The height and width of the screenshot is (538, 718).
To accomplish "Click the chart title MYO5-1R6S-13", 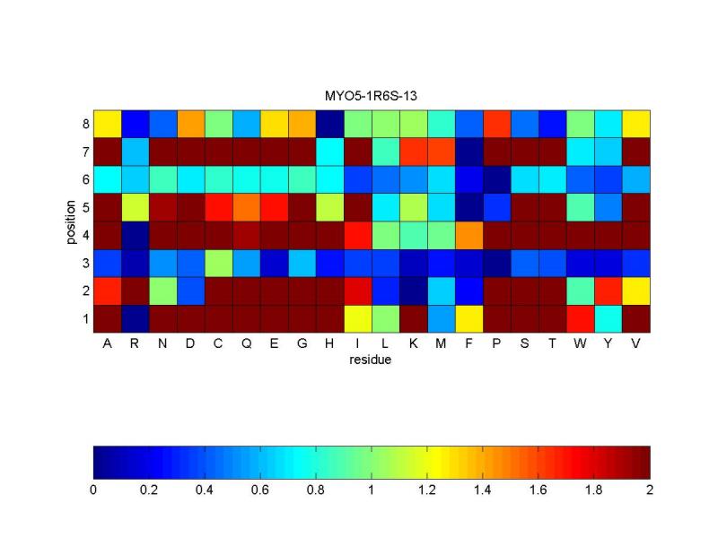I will tap(372, 94).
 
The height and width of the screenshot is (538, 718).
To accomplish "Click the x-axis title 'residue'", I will tap(372, 360).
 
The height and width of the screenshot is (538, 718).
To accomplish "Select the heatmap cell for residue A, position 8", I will tap(108, 122).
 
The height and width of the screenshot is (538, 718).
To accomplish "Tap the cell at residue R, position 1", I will tap(136, 317).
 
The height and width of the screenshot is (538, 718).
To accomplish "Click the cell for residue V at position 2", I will tap(636, 290).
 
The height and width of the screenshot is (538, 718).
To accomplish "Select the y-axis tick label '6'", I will tap(84, 178).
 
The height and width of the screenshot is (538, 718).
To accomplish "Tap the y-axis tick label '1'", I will tap(84, 318).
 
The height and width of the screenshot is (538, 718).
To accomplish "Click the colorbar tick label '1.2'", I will tap(427, 490).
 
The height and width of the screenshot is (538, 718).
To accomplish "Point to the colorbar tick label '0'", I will tap(93, 490).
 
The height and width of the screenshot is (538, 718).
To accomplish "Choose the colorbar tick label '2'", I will tap(650, 490).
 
